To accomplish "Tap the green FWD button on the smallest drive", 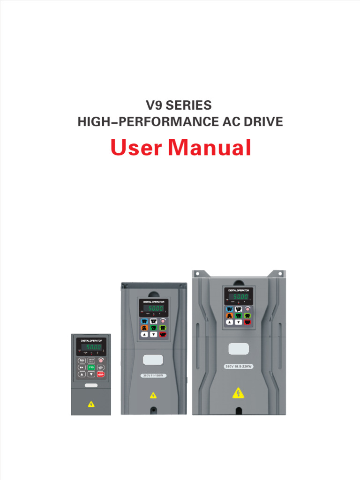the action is click(91, 367).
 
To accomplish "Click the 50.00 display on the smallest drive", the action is click(92, 347).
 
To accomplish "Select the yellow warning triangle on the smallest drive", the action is click(91, 404).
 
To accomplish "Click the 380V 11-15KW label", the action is click(153, 375).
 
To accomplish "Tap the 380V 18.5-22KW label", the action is click(239, 366).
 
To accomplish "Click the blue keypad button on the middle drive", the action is click(144, 321).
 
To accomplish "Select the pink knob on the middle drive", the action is click(163, 321).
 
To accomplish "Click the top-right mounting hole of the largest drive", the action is click(280, 273).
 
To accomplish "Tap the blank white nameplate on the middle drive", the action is click(153, 360).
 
